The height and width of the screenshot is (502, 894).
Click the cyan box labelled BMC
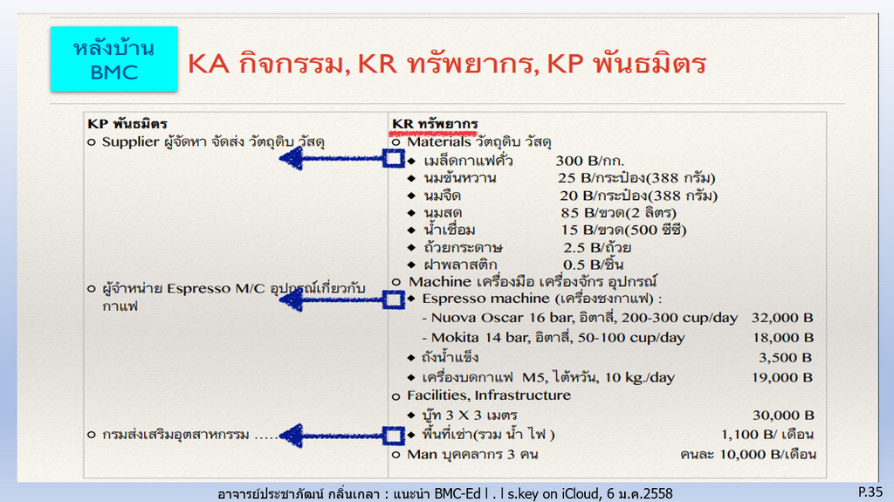(x=114, y=58)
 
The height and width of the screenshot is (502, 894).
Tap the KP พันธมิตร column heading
(x=127, y=124)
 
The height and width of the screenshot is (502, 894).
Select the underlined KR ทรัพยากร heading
(x=435, y=124)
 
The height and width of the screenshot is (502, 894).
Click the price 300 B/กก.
(x=589, y=161)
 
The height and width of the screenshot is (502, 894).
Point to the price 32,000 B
(x=782, y=318)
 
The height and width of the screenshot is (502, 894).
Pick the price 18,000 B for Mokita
(x=783, y=338)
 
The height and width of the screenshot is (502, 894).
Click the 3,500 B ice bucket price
(x=785, y=358)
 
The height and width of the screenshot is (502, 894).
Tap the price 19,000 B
(x=782, y=378)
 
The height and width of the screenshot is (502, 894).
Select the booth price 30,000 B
(x=783, y=416)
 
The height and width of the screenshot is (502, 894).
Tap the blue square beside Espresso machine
(x=394, y=299)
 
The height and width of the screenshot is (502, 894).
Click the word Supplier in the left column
(x=131, y=142)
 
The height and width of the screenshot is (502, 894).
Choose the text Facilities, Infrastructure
(x=489, y=395)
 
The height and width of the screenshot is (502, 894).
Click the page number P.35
(x=870, y=492)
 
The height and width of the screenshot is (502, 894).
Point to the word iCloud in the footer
(x=581, y=493)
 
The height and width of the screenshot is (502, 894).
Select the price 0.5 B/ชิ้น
(x=593, y=265)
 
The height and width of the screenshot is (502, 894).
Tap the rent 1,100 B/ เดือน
(x=767, y=435)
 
